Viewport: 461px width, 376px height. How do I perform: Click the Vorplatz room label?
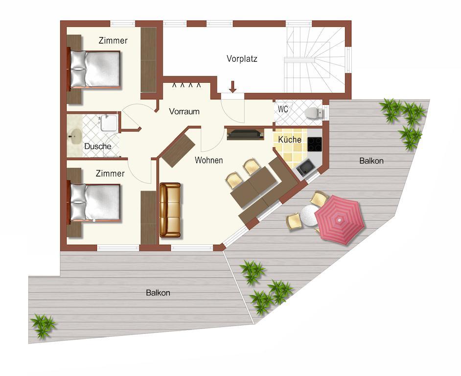coord(242,59)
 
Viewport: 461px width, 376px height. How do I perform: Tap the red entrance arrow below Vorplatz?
coord(233,87)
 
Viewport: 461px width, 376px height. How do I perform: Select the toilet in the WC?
coord(315,113)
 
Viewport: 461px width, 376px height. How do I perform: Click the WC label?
coord(283,109)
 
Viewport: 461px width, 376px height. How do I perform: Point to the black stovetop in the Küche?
coord(315,144)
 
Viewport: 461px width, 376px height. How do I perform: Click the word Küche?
coord(290,140)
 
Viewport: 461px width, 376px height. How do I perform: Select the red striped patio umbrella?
coord(340,219)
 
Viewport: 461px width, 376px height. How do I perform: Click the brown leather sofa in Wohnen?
coord(170,210)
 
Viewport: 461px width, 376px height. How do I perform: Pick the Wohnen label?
coord(209,161)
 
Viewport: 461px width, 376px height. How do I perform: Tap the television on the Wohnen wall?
coord(245,134)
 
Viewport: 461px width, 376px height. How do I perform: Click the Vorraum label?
coord(184,112)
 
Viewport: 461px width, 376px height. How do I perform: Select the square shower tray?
coord(109,123)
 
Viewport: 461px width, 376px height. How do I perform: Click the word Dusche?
coord(97,146)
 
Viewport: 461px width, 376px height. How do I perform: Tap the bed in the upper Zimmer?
coord(95,69)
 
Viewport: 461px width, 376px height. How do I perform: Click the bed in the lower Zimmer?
coord(95,202)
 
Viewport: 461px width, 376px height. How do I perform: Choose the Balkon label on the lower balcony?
coord(158,293)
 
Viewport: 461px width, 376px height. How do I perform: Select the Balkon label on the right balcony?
coord(371,161)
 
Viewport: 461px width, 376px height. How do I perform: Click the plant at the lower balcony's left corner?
coord(44,326)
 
